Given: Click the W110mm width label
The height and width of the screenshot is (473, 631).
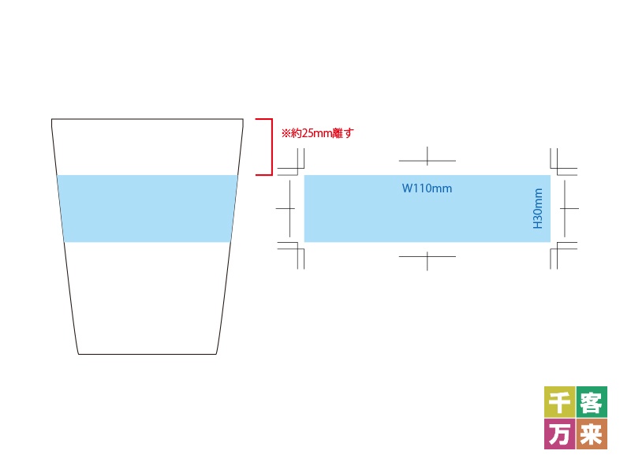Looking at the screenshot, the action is [x=427, y=188].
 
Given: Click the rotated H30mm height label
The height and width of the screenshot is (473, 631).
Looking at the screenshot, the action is [x=538, y=208].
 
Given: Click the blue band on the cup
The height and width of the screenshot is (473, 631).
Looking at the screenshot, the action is [x=147, y=208].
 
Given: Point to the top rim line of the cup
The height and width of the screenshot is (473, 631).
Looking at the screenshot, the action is [x=147, y=119].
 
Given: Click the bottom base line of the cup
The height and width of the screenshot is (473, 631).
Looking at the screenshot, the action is [x=147, y=354].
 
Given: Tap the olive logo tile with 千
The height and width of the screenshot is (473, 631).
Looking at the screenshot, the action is [x=560, y=402].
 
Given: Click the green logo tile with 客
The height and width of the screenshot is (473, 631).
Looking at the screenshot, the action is [x=592, y=402].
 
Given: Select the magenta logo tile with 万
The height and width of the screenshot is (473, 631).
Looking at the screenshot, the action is [x=560, y=434].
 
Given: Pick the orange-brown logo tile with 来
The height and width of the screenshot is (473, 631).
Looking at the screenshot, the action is [x=592, y=434].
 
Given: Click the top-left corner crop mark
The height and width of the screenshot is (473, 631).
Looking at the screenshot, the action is [x=297, y=169].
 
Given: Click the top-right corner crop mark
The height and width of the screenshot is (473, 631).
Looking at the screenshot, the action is [x=558, y=169].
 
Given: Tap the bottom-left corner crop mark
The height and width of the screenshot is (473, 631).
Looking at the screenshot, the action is [x=297, y=249].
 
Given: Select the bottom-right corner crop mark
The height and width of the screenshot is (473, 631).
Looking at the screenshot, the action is [x=558, y=249].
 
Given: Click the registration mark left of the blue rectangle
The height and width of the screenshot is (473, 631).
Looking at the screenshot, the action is [x=289, y=208].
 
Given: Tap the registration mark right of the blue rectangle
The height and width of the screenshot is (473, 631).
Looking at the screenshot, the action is [x=565, y=208].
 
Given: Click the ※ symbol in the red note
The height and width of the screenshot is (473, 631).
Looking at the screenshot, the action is [x=286, y=133].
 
